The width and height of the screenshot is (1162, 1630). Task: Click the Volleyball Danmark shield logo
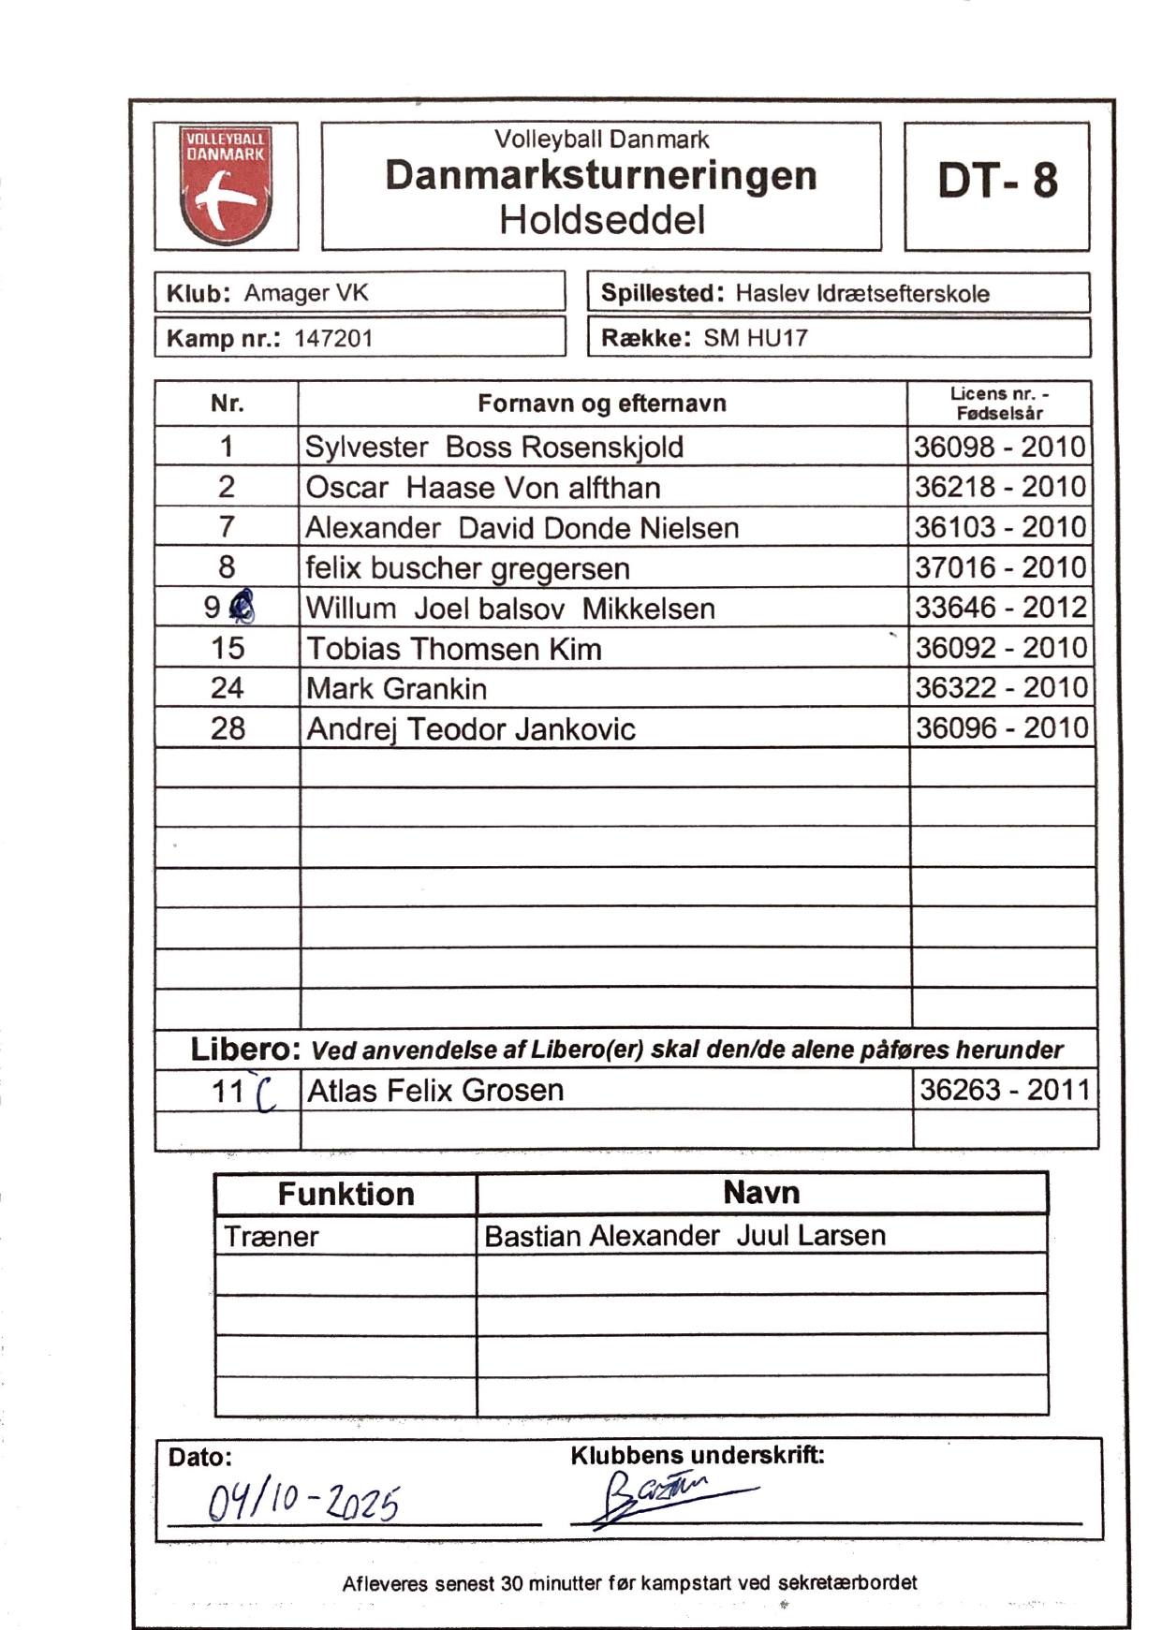pos(226,186)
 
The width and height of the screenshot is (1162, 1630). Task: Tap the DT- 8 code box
pos(996,182)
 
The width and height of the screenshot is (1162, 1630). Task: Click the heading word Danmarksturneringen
pos(600,176)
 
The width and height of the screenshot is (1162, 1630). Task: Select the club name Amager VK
pos(306,293)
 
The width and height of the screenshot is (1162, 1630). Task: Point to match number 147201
pos(333,338)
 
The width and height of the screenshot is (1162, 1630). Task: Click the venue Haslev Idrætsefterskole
pos(861,294)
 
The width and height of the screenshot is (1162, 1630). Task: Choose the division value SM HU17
pos(756,338)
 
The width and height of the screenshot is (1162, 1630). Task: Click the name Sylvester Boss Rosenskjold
pos(493,448)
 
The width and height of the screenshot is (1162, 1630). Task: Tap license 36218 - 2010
pos(999,487)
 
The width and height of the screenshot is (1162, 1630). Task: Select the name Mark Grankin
pos(396,689)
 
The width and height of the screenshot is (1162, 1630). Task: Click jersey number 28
pos(228,728)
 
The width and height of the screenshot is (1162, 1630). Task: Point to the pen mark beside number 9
pos(243,608)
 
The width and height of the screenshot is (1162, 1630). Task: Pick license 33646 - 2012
pos(1000,609)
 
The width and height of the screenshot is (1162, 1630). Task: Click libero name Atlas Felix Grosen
pos(435,1091)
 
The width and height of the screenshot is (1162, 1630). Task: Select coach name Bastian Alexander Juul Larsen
pos(684,1236)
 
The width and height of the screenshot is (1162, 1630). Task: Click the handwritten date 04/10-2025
pos(302,1505)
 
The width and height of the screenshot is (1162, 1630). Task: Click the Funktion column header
pos(346,1195)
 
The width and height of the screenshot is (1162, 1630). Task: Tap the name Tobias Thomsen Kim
pos(454,649)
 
